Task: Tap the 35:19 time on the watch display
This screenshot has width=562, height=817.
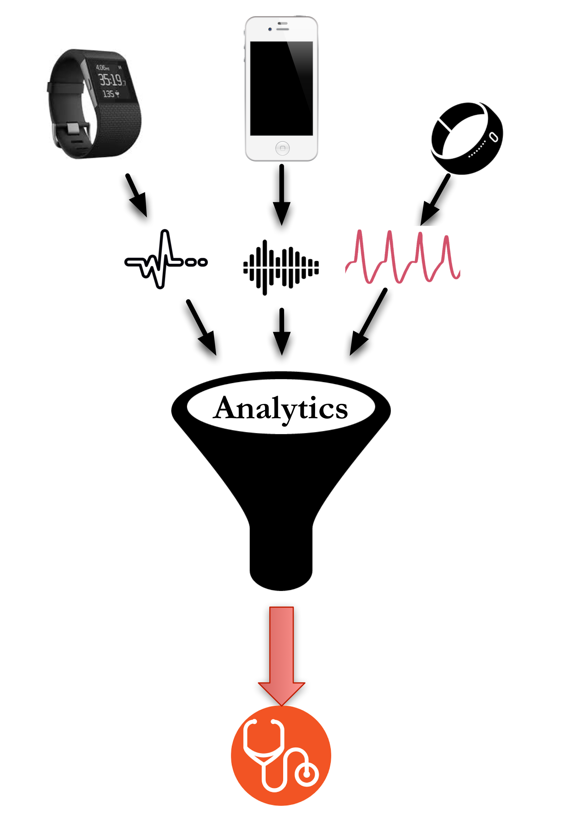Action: pos(111,80)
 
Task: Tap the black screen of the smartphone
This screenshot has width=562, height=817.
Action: pos(281,88)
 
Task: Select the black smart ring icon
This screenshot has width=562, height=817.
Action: pos(467,138)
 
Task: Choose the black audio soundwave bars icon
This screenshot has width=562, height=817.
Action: pos(281,268)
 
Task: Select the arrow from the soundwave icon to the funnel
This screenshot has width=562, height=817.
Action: pos(282,331)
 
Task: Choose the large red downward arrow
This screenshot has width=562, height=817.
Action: pos(281,655)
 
